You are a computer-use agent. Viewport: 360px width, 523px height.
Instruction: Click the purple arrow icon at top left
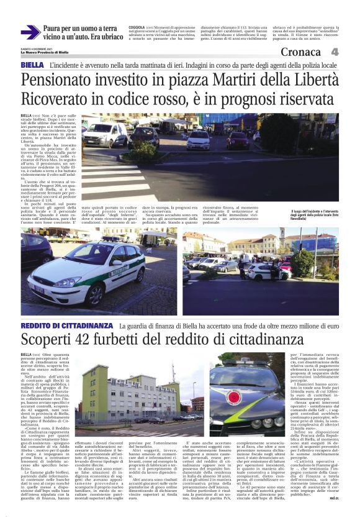30,33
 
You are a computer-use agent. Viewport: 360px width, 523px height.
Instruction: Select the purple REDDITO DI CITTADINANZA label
66,325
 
